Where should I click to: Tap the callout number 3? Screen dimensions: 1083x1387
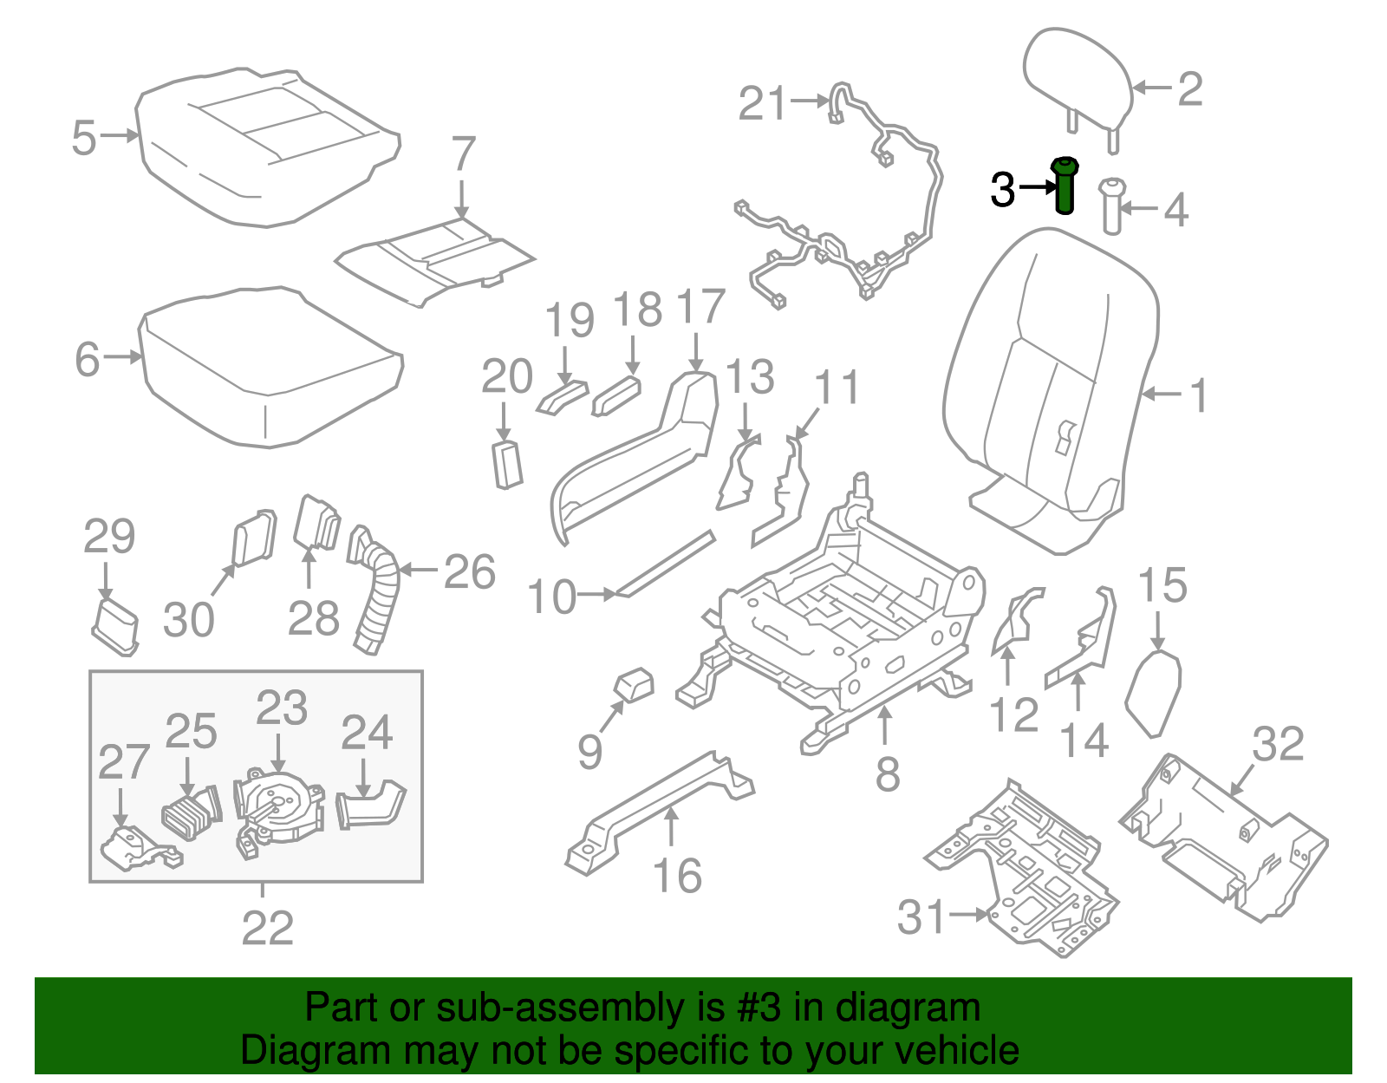click(1002, 189)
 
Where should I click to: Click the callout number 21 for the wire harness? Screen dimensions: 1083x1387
click(762, 103)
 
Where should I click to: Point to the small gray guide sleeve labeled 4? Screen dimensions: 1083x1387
click(1111, 206)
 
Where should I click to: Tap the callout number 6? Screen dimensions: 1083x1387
click(87, 359)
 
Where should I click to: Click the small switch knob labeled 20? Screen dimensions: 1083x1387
click(507, 464)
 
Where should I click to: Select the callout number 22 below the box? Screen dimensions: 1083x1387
click(267, 929)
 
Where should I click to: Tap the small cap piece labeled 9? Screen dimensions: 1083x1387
click(635, 684)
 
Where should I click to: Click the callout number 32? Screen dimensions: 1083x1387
click(1278, 744)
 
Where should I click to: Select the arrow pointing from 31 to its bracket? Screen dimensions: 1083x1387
click(968, 914)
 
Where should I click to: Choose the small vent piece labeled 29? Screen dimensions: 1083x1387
click(115, 626)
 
